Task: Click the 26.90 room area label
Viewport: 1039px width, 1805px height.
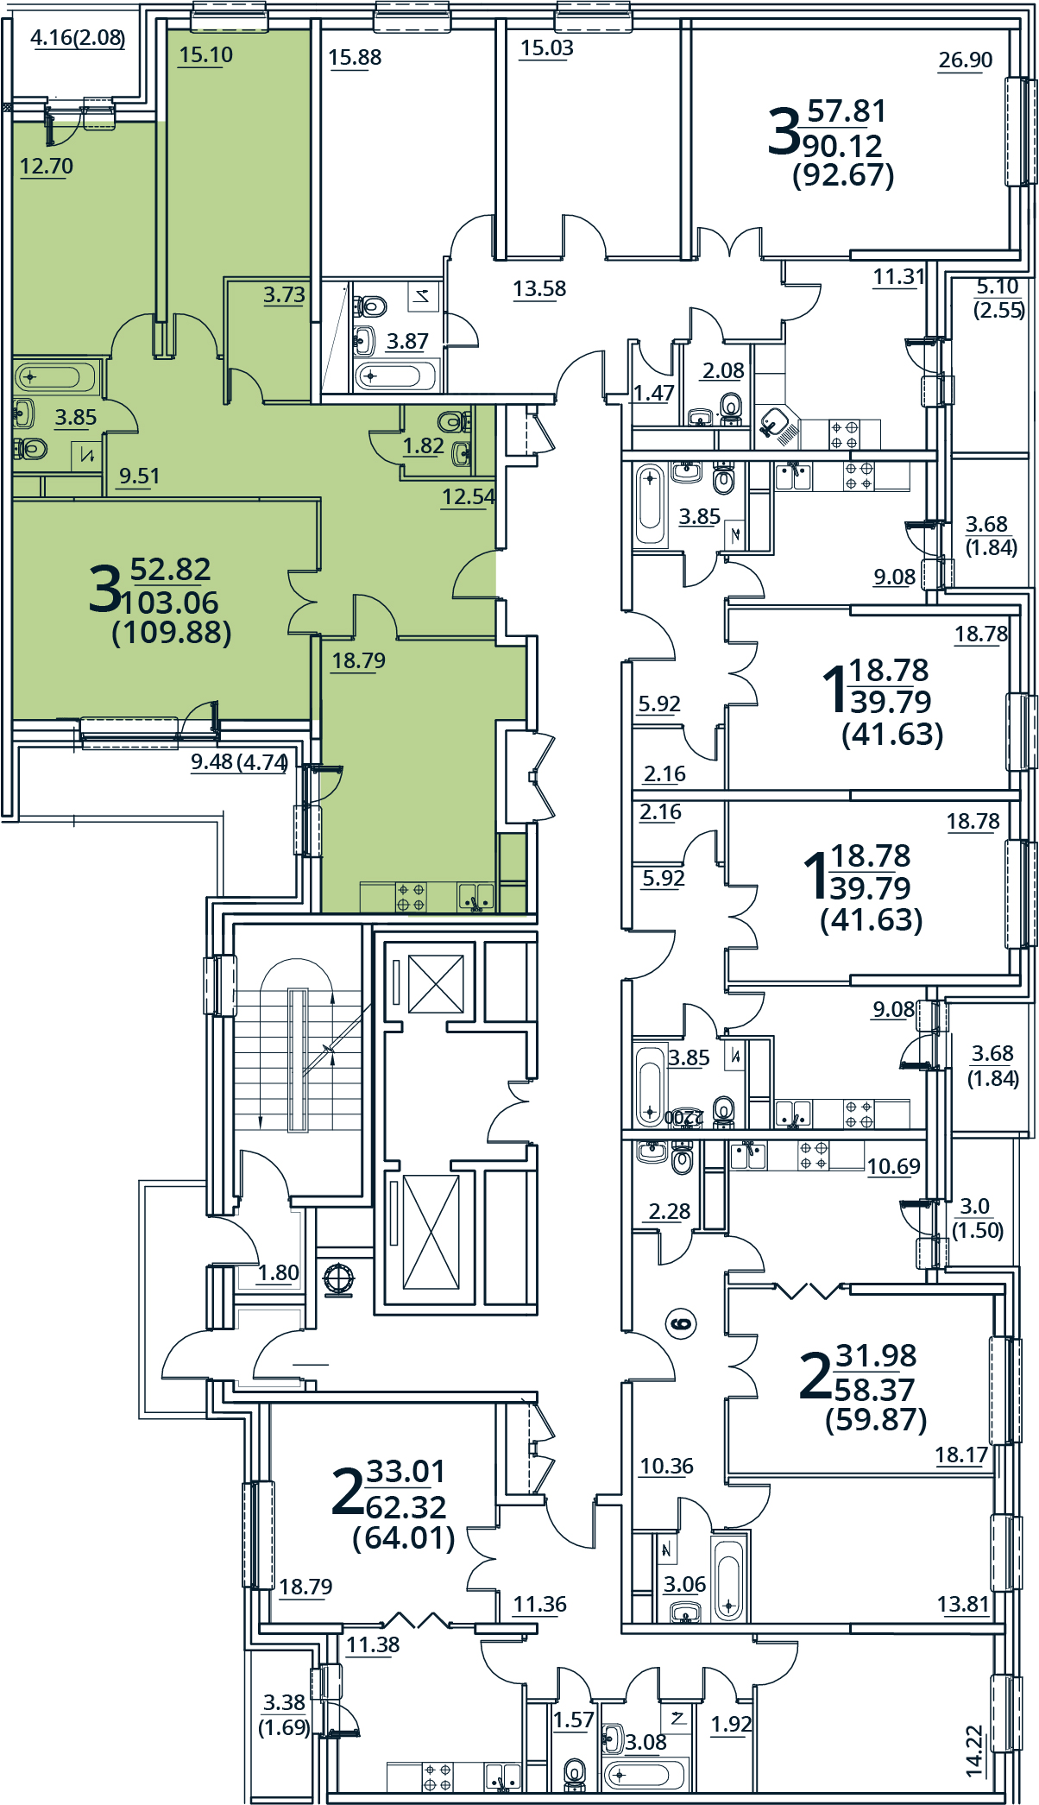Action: pos(965,60)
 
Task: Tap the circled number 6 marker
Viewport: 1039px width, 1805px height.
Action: pos(681,1323)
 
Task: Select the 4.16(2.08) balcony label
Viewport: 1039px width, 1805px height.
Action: pos(77,38)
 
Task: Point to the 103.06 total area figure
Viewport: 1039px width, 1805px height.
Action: pos(170,602)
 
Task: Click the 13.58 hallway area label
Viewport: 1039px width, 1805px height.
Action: pos(539,288)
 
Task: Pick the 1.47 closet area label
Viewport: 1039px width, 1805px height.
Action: pos(653,393)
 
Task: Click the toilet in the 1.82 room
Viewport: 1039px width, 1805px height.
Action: pos(451,422)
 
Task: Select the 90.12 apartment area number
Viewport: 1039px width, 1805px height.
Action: pos(842,146)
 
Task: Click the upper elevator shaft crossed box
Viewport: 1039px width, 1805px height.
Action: pos(436,983)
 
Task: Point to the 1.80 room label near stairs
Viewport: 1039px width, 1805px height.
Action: pos(278,1272)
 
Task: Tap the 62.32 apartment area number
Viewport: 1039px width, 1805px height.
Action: pos(406,1507)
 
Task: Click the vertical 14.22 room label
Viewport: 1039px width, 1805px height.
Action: pos(974,1751)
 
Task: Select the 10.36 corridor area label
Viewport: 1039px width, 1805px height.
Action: pos(666,1466)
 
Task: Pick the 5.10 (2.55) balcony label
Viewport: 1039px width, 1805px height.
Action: pos(998,298)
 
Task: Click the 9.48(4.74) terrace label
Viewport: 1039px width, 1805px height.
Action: pos(239,761)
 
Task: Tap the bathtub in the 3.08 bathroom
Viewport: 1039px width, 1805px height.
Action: pos(643,1776)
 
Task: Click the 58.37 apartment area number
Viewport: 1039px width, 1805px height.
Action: pos(873,1390)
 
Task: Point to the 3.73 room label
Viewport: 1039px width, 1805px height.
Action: pos(284,294)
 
